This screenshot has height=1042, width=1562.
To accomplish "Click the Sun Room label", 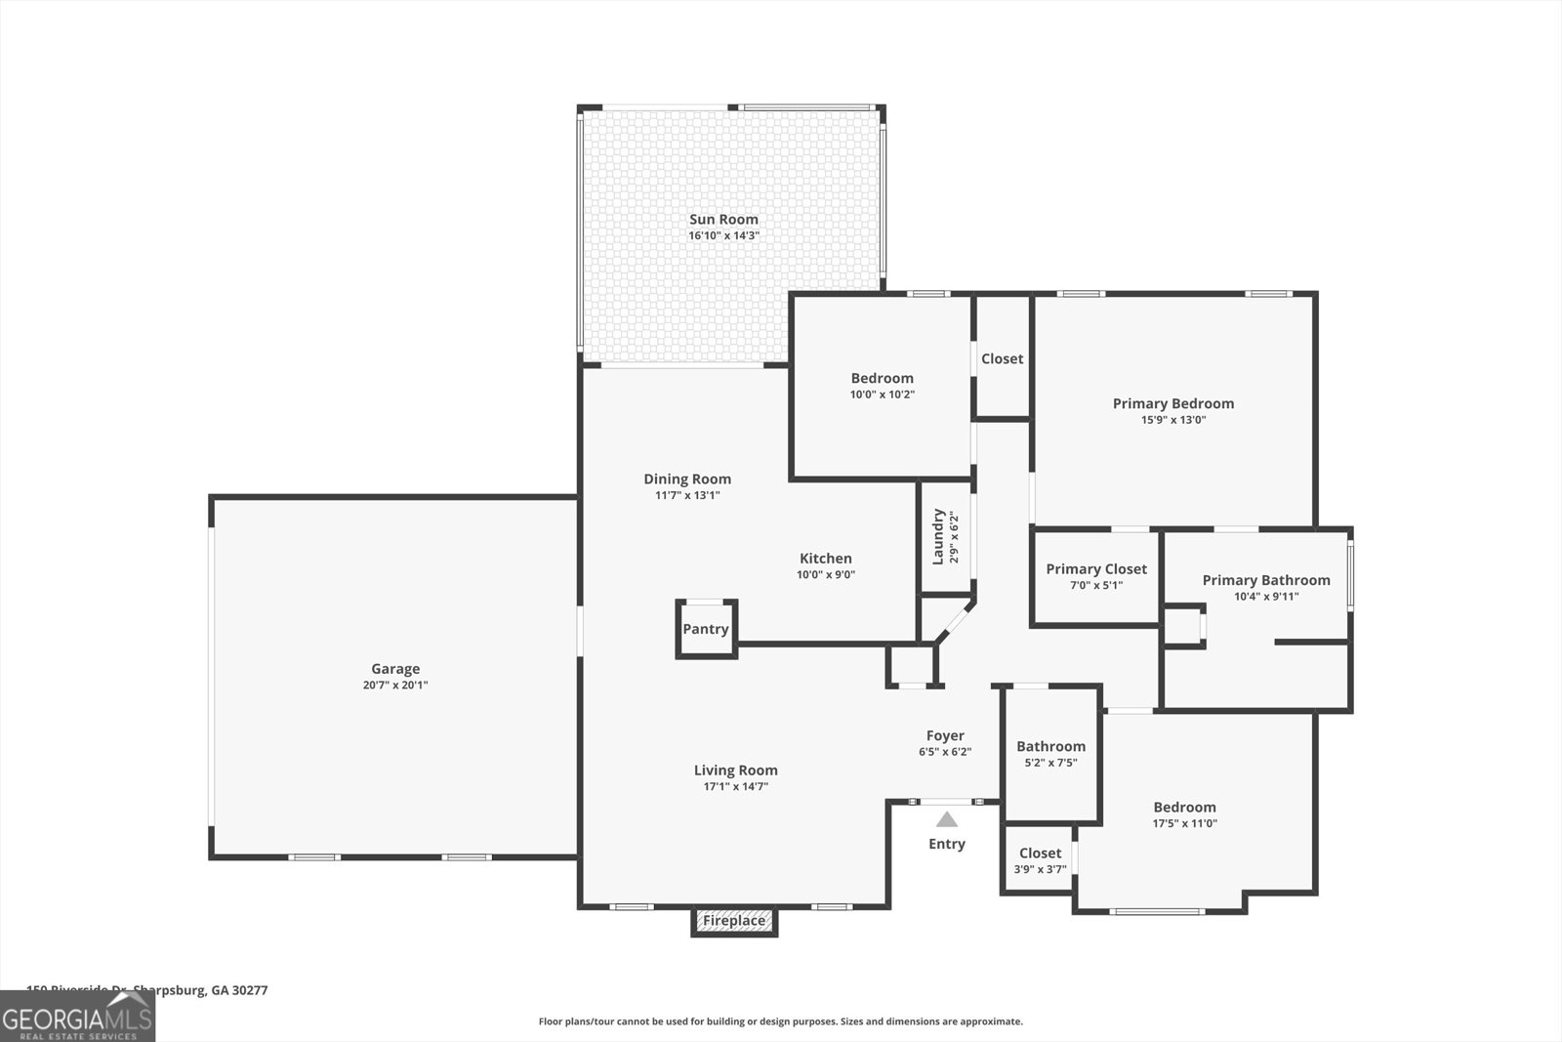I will (x=723, y=220).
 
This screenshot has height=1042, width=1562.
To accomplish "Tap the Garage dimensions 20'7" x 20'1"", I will (x=395, y=686).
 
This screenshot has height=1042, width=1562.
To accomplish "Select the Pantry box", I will (x=706, y=629).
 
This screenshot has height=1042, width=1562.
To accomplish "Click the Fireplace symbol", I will (x=734, y=921).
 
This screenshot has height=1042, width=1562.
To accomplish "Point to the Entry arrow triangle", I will (x=947, y=820).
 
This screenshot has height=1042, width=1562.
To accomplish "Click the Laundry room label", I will (x=938, y=536).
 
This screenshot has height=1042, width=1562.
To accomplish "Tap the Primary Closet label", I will (x=1096, y=569).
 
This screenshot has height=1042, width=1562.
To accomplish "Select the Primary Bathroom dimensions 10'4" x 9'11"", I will (x=1266, y=597).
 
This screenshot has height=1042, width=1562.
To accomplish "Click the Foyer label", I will (x=945, y=735).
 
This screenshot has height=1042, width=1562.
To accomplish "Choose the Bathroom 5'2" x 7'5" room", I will (x=1050, y=753).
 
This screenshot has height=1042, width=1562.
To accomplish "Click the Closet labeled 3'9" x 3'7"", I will (x=1040, y=859).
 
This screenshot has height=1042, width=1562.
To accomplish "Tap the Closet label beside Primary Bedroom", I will (x=1003, y=358).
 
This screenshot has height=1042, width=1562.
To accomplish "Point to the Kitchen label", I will (x=826, y=559).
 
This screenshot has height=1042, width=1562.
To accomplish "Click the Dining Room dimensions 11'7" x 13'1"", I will (x=687, y=495).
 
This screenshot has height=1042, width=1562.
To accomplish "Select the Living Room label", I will (x=736, y=770).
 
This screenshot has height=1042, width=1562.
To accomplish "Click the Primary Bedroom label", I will (x=1173, y=403).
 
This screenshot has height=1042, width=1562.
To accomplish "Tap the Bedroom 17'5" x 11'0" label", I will (x=1184, y=807).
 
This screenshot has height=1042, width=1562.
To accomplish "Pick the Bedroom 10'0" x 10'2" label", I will (x=882, y=378).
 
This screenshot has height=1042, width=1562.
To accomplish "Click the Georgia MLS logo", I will (x=77, y=1017).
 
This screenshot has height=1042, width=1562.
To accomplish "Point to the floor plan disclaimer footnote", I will (x=780, y=1021).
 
